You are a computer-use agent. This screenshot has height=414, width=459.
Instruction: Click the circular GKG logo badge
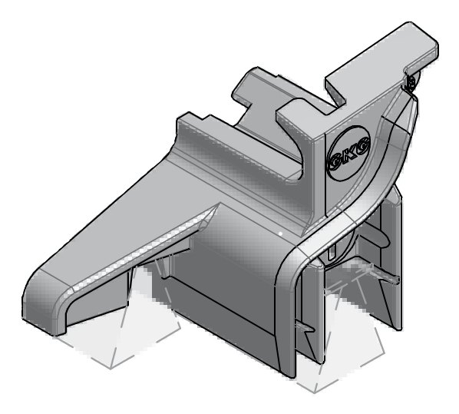349,154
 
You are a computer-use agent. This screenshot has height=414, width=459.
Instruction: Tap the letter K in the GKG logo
349,154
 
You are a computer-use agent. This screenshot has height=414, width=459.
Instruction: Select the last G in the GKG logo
363,144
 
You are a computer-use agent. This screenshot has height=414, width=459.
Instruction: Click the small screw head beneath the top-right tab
411,83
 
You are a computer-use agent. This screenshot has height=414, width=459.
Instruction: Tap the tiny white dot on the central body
280,233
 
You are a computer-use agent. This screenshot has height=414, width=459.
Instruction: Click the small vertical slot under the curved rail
332,252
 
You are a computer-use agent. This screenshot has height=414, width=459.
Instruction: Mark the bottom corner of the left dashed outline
111,369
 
